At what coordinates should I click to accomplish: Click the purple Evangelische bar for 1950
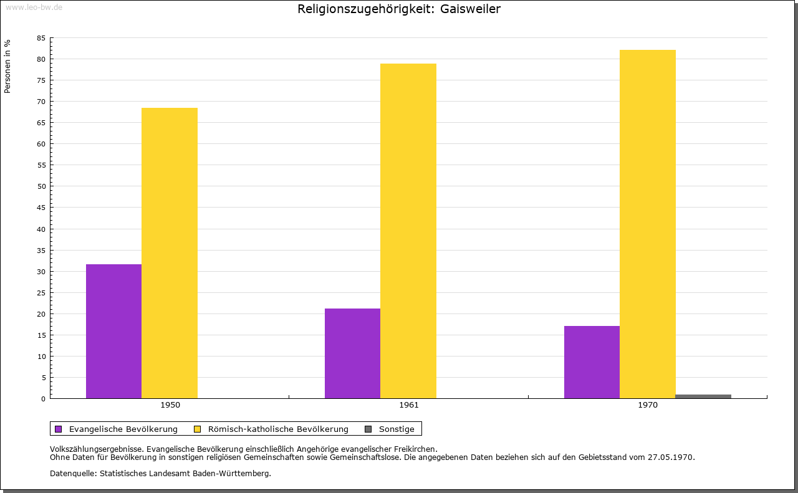113,331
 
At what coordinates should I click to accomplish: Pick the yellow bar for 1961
408,231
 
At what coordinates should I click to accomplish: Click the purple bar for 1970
592,362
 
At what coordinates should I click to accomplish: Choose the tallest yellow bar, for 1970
647,224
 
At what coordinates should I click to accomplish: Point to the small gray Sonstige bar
703,396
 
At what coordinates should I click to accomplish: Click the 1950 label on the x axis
170,405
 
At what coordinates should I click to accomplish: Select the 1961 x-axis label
409,405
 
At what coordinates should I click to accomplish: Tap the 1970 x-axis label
648,405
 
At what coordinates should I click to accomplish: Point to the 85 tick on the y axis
41,38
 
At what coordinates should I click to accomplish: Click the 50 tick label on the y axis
41,186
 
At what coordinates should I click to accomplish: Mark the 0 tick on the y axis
44,399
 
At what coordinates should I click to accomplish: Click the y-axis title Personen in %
7,66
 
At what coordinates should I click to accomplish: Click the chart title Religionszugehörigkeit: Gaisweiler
399,9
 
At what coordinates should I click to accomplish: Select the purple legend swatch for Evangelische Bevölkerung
59,429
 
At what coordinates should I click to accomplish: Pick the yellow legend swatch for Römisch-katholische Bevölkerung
197,429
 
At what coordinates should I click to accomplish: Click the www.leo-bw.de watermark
34,6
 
